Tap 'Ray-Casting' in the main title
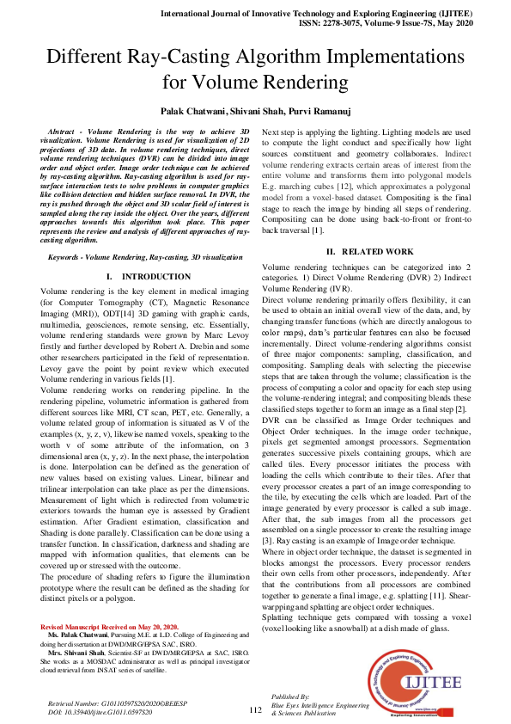[x=193, y=59]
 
